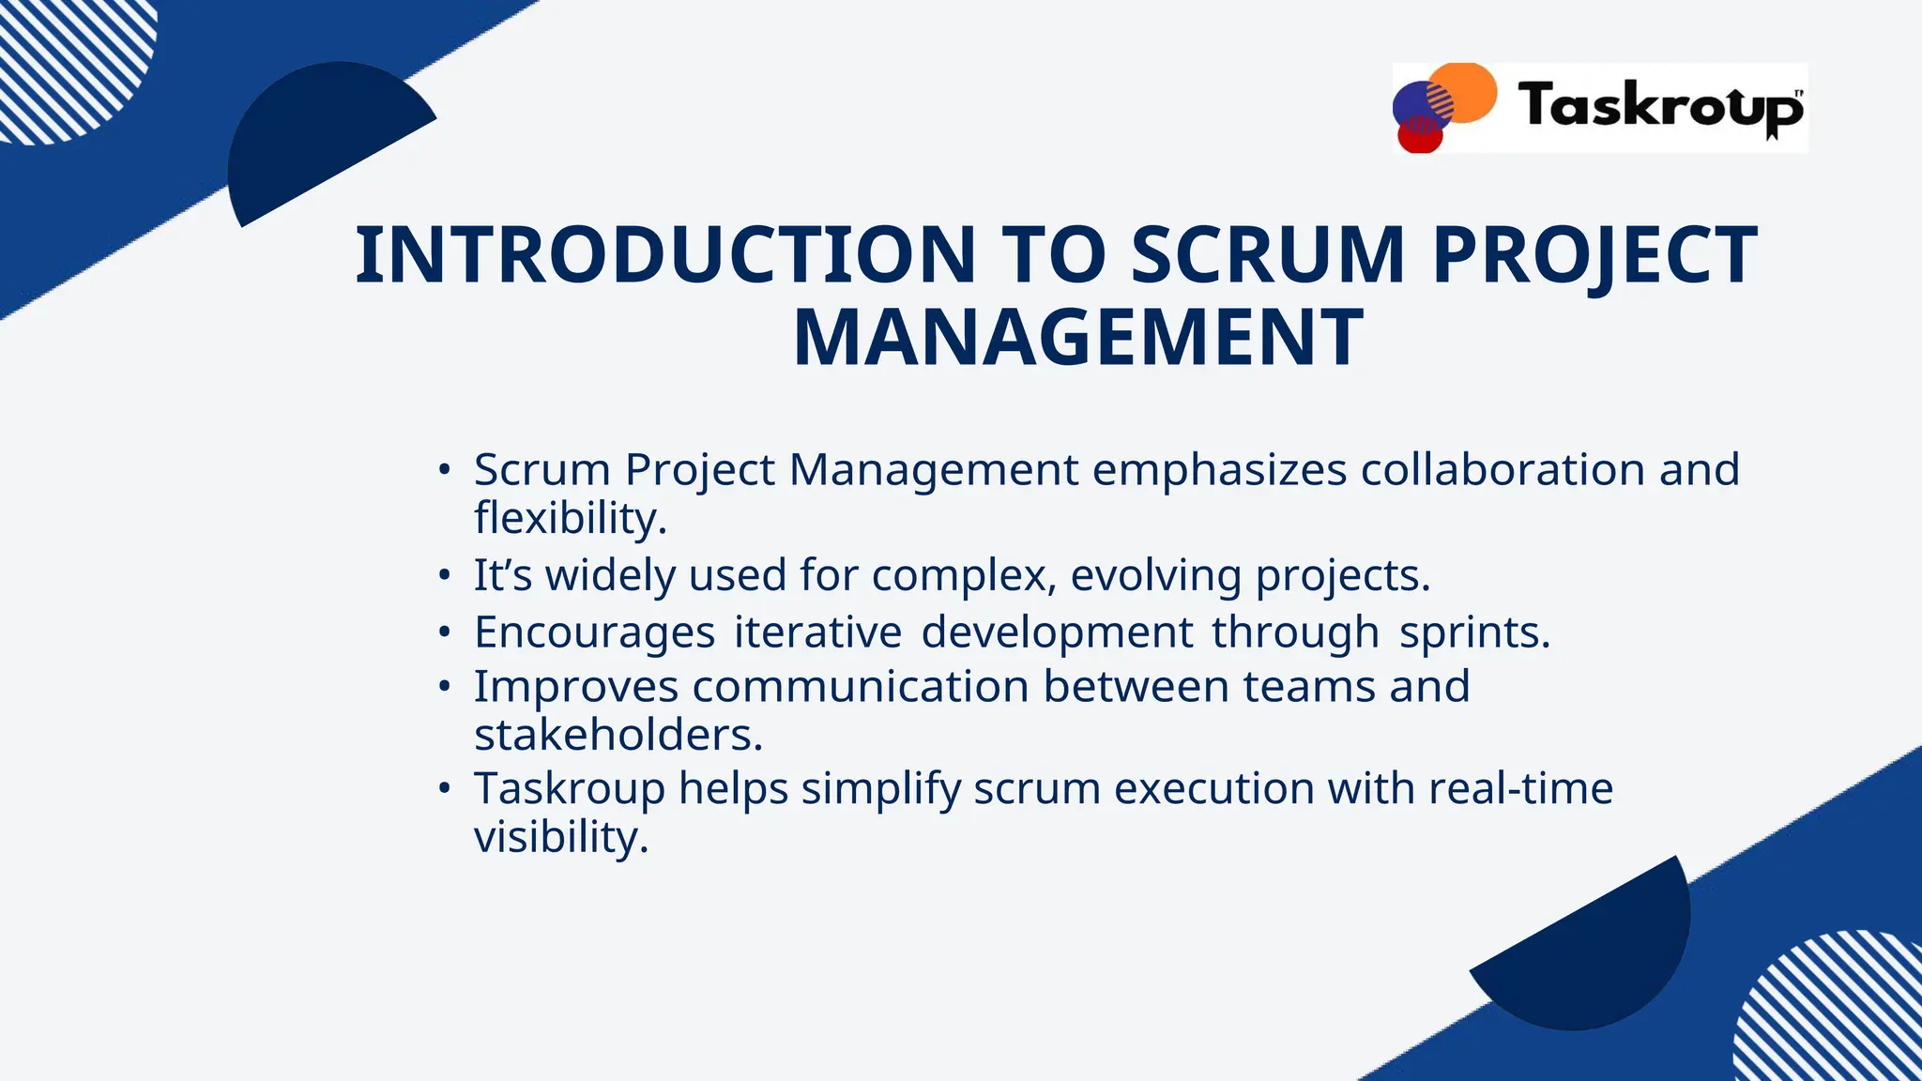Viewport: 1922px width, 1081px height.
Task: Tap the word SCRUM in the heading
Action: click(1268, 255)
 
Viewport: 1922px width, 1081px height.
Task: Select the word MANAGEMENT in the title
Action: click(1078, 338)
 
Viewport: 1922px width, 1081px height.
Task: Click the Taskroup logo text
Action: click(1659, 106)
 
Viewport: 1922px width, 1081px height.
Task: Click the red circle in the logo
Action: click(1419, 137)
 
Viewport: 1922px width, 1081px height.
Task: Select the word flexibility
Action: click(570, 518)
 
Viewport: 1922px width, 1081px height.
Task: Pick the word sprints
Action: click(1473, 632)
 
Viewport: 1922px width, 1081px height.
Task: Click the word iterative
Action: click(817, 632)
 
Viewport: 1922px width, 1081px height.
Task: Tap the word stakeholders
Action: click(618, 735)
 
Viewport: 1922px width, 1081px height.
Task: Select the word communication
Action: click(861, 686)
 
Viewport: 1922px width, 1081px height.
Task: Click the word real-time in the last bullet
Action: click(1520, 788)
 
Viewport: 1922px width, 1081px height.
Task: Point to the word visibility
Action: click(560, 837)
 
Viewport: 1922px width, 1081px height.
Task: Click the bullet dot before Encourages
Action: click(445, 632)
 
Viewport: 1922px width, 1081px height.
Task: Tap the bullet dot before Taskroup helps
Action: click(445, 788)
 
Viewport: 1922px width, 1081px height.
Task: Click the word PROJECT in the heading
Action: click(1594, 255)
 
